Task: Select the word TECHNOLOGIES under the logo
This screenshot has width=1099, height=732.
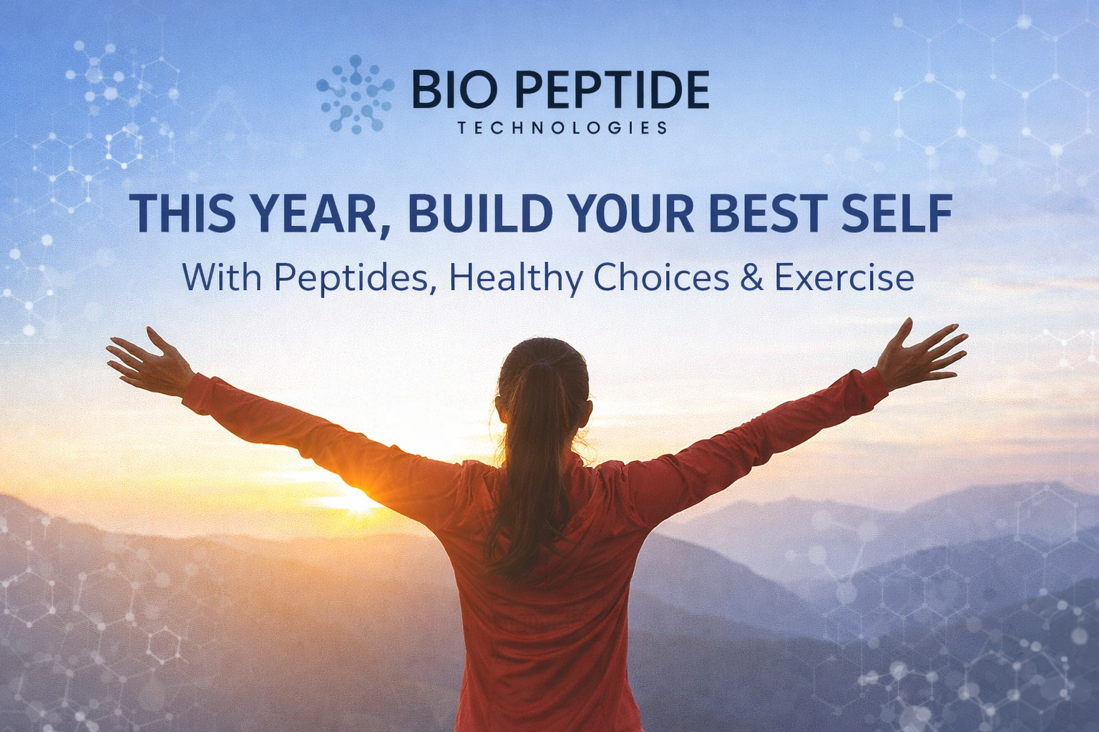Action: (x=562, y=128)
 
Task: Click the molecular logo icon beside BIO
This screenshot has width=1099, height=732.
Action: (x=355, y=95)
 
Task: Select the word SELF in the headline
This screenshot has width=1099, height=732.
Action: (x=897, y=212)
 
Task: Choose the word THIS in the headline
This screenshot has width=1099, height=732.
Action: (x=182, y=212)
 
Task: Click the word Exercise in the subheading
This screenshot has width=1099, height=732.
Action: (x=844, y=277)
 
